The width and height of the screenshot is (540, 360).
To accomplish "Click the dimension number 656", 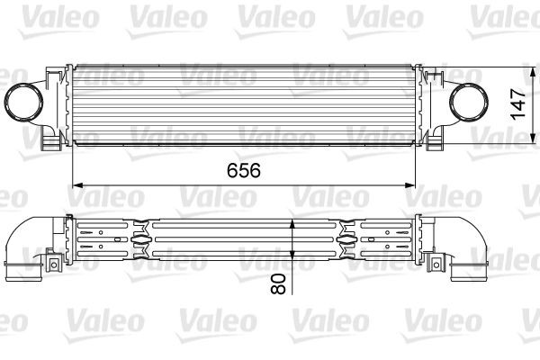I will pos(238,170).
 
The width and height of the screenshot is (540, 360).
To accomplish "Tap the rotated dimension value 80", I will pos(277,284).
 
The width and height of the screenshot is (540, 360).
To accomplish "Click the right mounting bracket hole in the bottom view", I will pos(438,264).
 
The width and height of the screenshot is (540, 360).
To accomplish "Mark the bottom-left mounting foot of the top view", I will pos(51,144).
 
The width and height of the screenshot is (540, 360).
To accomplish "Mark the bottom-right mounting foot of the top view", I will pos(435,144).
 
